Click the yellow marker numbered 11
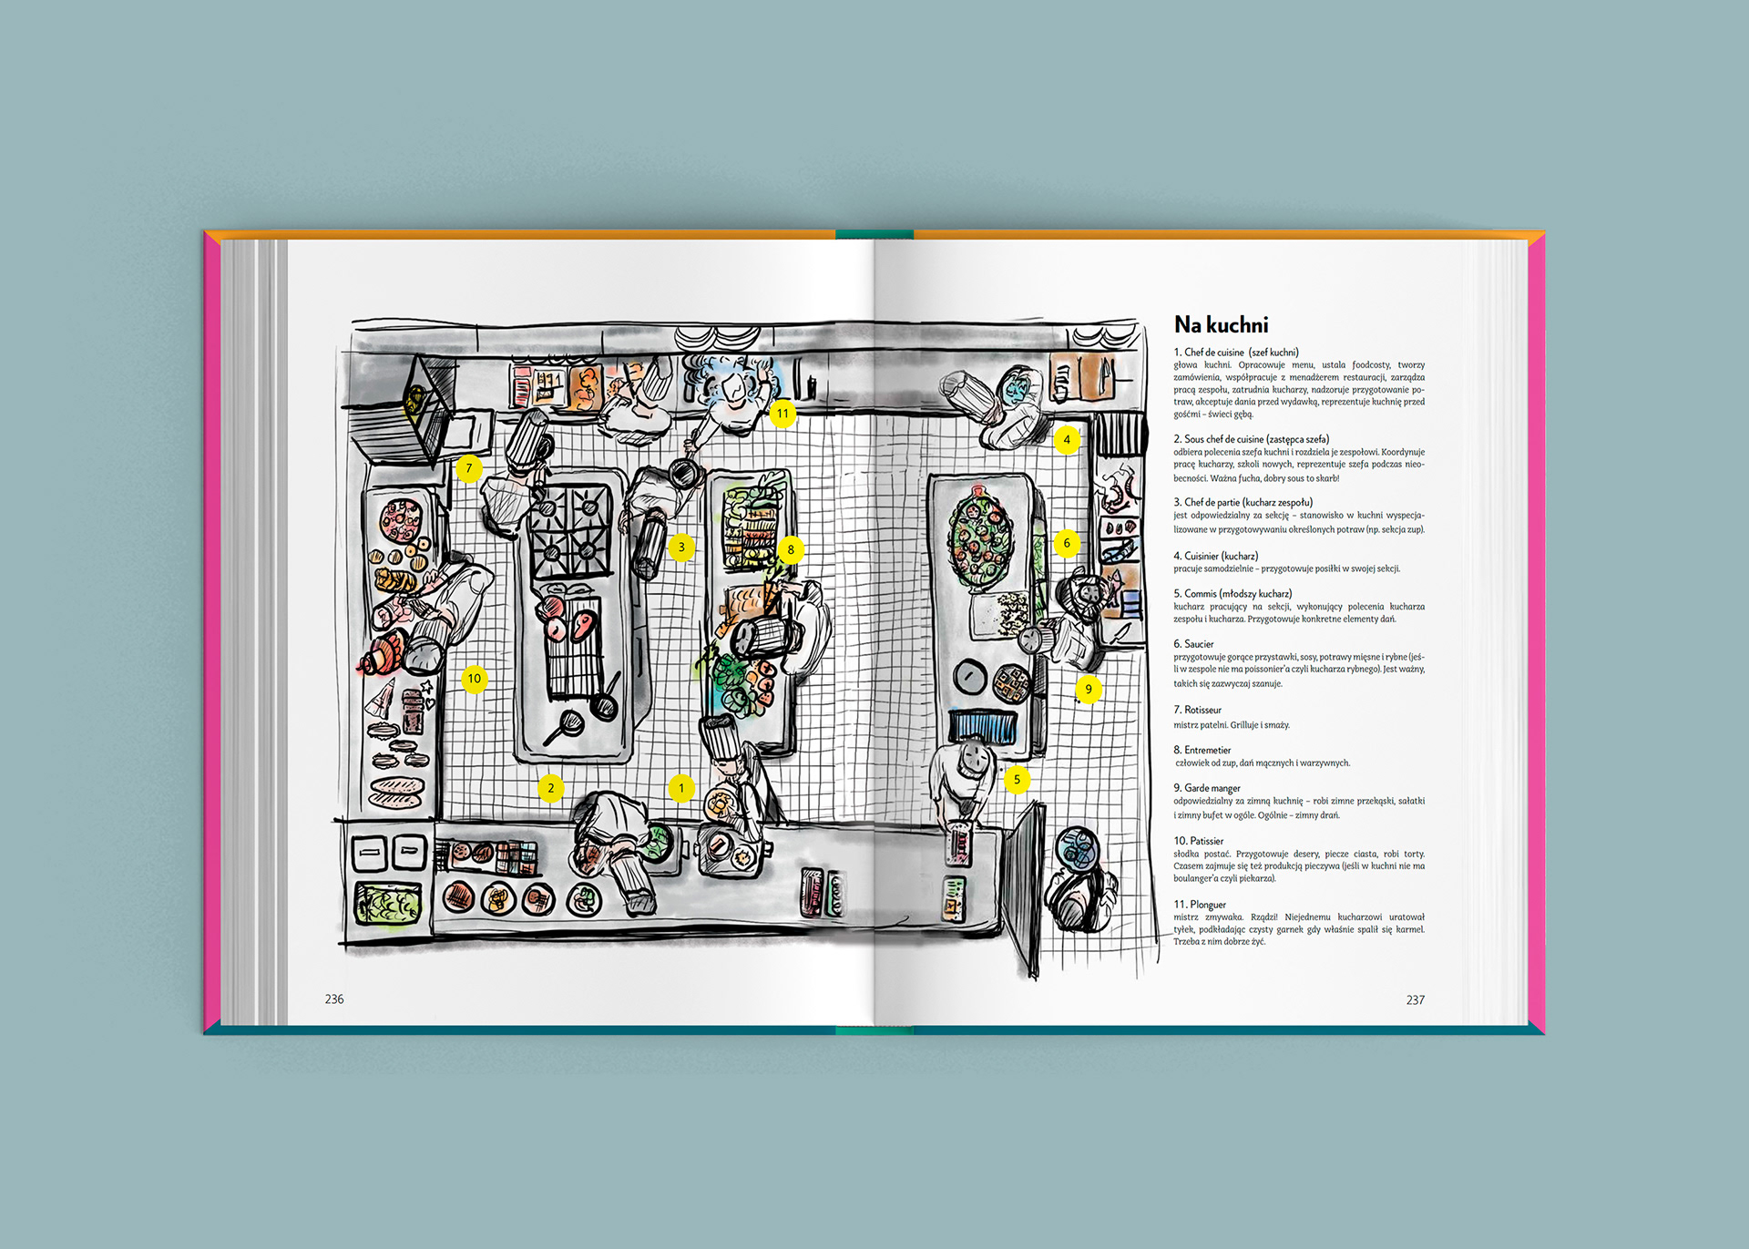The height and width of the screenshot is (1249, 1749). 782,414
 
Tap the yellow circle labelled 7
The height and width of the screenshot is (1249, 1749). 469,468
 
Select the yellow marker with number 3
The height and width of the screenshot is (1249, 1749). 681,548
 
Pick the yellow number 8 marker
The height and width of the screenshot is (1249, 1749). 791,549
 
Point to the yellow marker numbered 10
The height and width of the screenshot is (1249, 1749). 474,679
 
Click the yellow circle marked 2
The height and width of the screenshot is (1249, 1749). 550,788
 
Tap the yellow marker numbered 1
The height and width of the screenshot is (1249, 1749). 681,788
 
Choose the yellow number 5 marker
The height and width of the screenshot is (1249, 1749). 1017,780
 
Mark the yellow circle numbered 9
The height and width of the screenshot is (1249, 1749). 1088,690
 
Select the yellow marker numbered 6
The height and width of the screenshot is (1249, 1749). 1067,544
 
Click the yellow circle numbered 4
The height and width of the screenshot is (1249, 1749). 1067,440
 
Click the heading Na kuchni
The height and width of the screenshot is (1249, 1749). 1221,325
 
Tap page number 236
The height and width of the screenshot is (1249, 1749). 334,999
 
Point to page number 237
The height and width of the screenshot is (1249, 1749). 1415,1000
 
